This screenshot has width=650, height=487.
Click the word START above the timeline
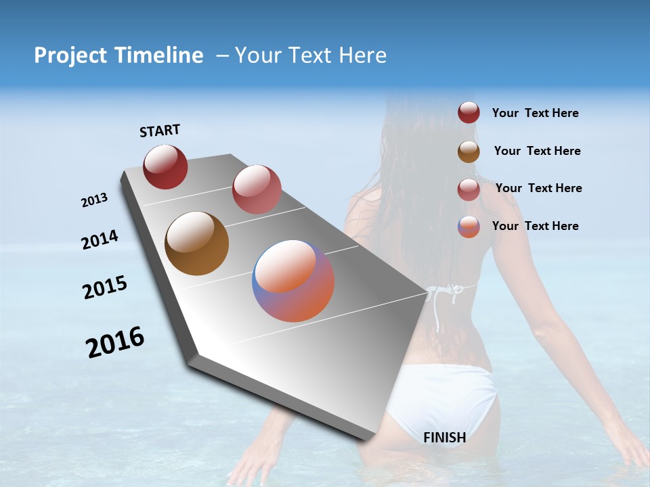click(x=160, y=131)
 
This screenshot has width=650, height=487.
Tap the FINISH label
click(x=444, y=438)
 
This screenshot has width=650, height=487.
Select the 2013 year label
click(x=94, y=200)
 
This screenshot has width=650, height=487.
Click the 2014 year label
click(x=100, y=240)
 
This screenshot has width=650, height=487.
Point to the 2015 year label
click(x=105, y=287)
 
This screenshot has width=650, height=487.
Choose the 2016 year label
click(x=115, y=342)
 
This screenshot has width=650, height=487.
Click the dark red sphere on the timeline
click(x=165, y=166)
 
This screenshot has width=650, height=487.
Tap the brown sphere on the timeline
click(x=196, y=243)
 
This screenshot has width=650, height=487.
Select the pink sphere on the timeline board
click(x=257, y=189)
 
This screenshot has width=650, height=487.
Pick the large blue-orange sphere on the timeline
click(x=293, y=281)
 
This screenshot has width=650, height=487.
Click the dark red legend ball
click(x=469, y=113)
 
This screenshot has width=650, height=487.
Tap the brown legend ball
click(x=469, y=152)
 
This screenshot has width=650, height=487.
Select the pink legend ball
click(x=469, y=189)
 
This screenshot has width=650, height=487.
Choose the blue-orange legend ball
click(x=469, y=227)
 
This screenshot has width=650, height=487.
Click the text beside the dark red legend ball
click(x=535, y=114)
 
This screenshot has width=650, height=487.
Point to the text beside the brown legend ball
click(x=537, y=151)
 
